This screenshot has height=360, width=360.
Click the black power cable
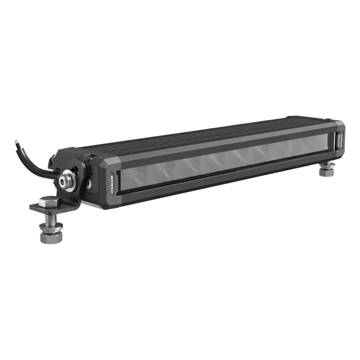coord(30,162)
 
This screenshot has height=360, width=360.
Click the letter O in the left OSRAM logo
coord(111,186)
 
